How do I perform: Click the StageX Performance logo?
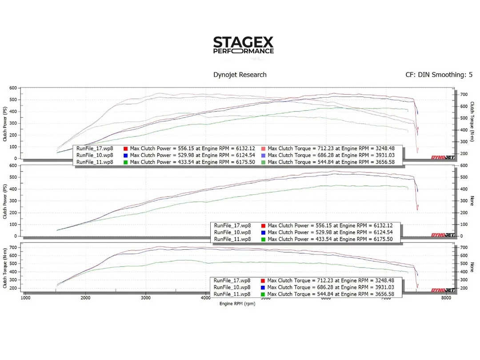tap(243, 45)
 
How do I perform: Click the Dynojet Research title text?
tap(240, 75)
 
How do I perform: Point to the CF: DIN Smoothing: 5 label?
tap(439, 75)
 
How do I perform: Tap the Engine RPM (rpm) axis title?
tap(237, 304)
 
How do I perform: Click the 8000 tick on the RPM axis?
tap(447, 298)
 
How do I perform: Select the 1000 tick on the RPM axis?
tap(25, 298)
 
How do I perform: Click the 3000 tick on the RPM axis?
tap(146, 298)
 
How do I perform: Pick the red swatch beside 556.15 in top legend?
tap(126, 148)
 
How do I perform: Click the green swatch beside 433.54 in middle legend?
tap(263, 239)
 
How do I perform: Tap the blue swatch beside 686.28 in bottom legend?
tap(263, 288)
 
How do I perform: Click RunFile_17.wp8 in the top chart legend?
tap(95, 148)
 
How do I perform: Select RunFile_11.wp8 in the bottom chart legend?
tap(232, 294)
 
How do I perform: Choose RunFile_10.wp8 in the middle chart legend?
tap(232, 232)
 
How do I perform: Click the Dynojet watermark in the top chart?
tap(443, 157)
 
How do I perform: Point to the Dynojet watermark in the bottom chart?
tap(443, 290)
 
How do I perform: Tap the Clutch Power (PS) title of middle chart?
tap(5, 201)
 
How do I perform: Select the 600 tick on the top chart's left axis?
tap(13, 88)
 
